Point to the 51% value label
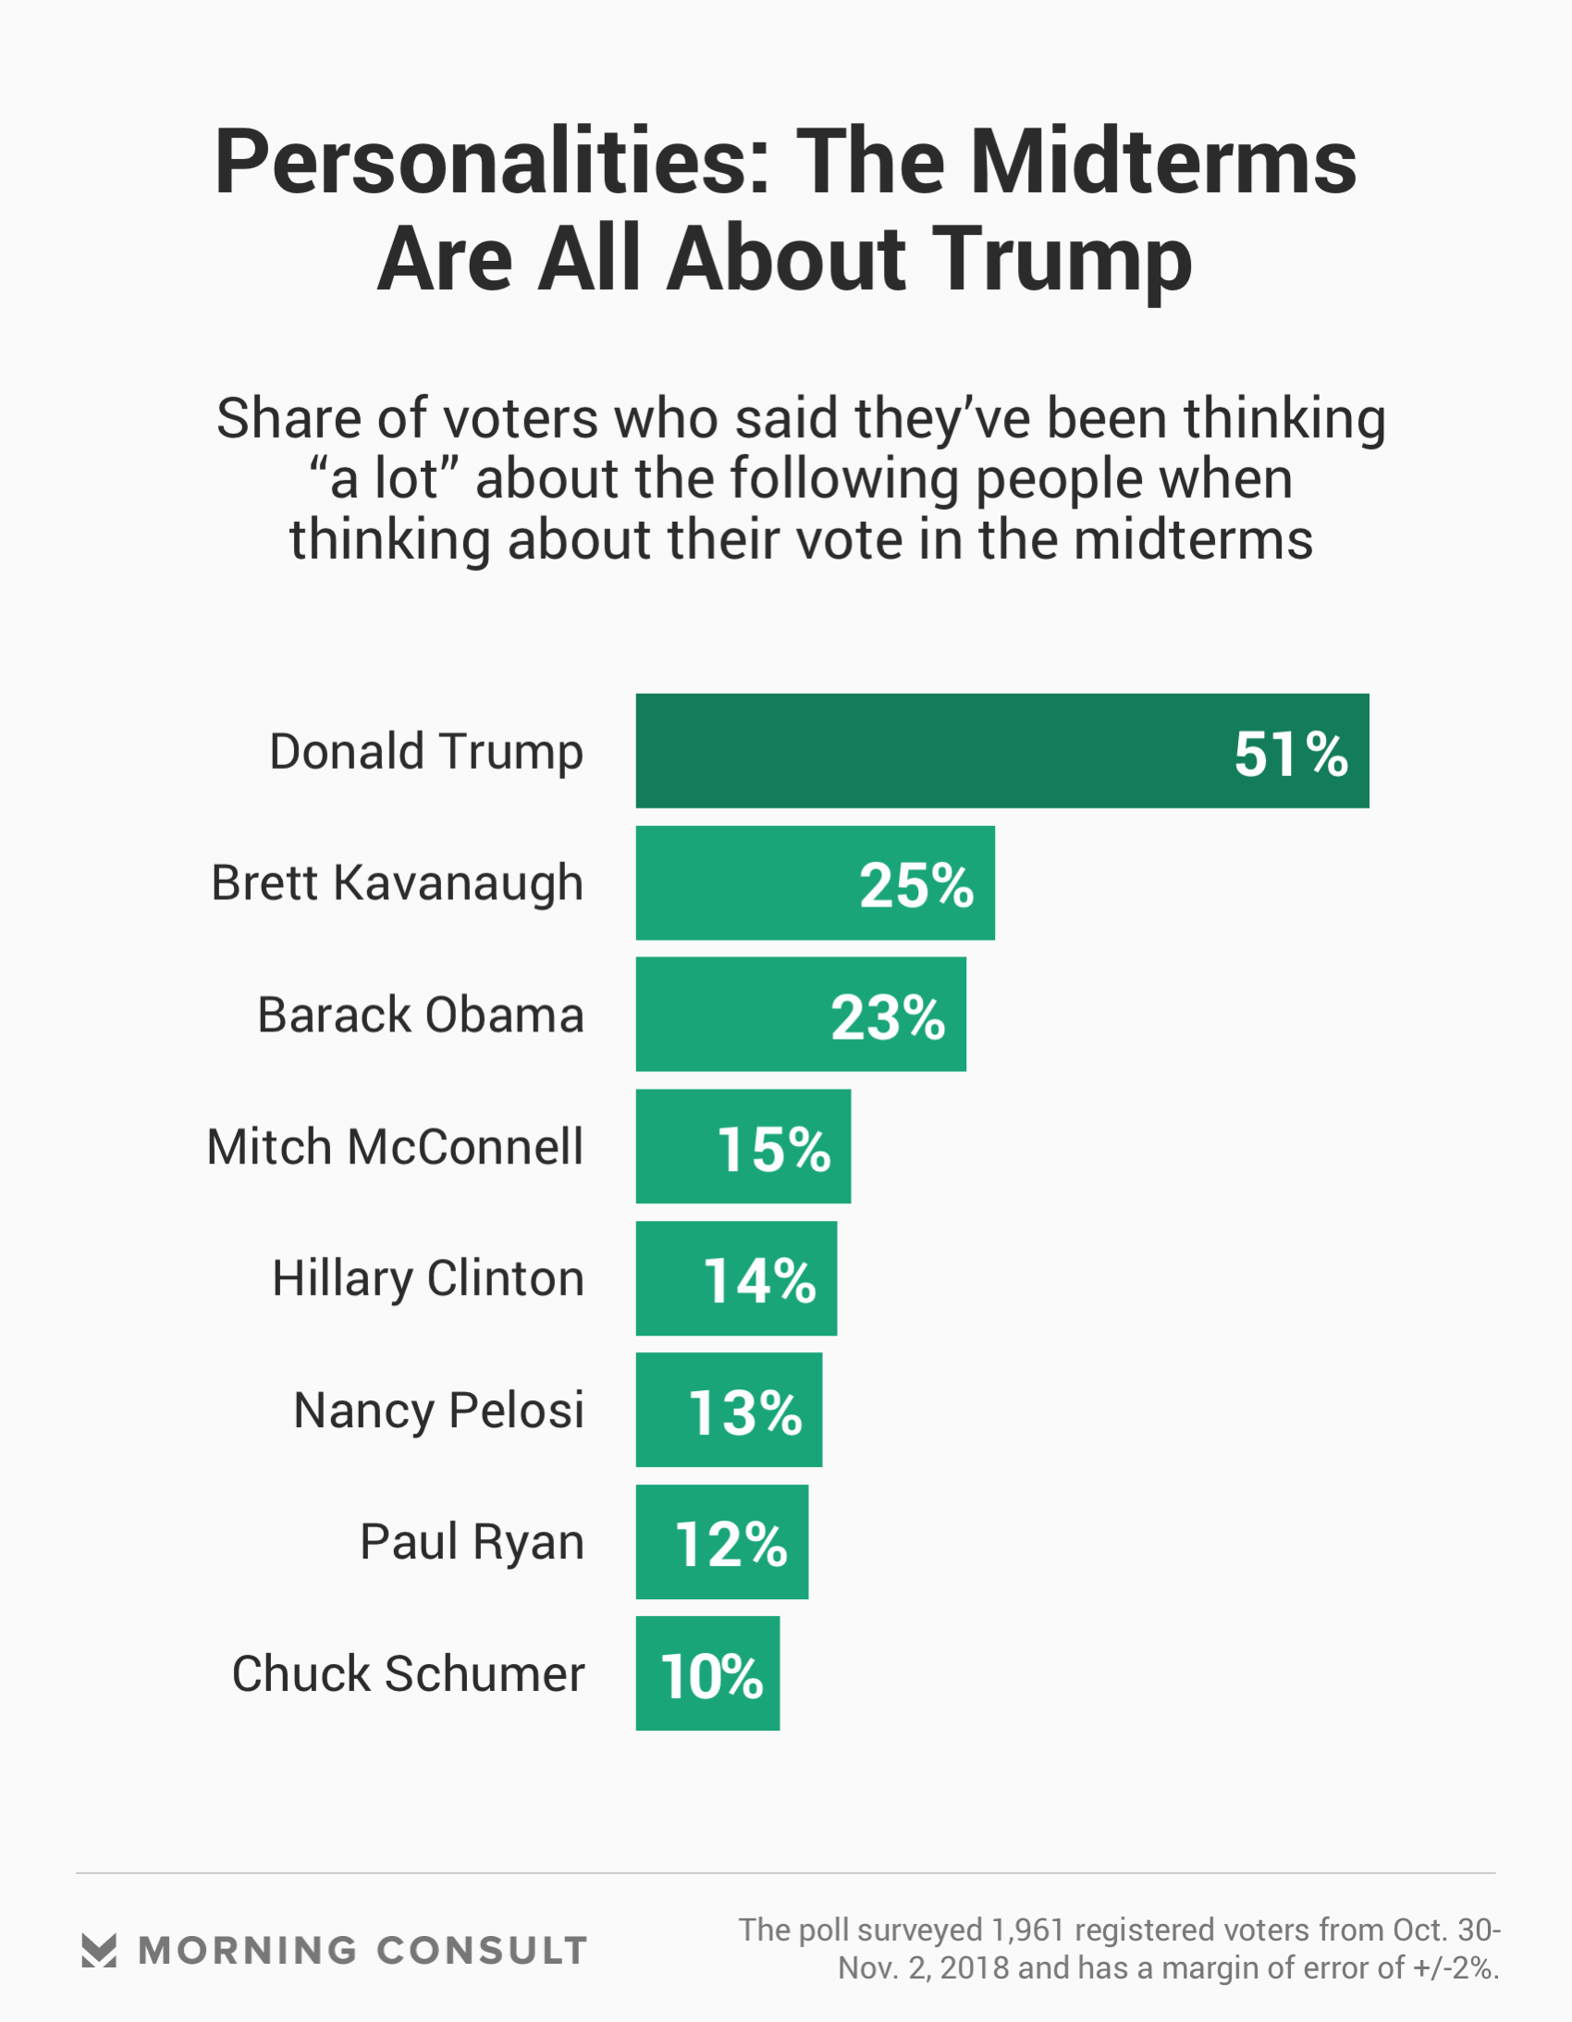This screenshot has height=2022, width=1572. (1291, 754)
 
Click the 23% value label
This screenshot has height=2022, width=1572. (888, 1017)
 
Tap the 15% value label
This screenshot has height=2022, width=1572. (774, 1150)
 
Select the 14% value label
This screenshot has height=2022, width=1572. (760, 1281)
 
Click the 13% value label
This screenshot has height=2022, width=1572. (745, 1413)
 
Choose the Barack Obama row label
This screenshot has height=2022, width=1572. (422, 1015)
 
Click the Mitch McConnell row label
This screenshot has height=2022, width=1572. (396, 1147)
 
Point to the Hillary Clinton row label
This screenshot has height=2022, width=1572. (429, 1278)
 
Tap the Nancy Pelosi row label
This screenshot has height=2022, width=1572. (439, 1411)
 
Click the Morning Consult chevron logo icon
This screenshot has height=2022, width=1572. (99, 1950)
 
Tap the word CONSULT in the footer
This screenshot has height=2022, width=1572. (483, 1950)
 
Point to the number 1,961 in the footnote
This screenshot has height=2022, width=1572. (1028, 1930)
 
